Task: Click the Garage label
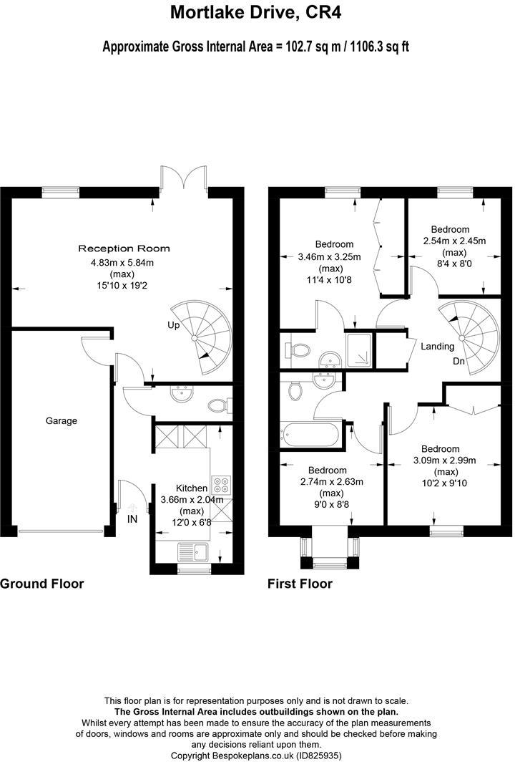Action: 62,421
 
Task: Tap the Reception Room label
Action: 124,249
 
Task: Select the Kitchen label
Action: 191,488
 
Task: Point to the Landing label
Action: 437,347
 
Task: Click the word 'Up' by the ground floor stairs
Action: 173,325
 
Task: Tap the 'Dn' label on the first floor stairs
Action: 458,361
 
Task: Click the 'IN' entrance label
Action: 132,519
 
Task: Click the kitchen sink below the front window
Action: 192,552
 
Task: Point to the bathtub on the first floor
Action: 310,435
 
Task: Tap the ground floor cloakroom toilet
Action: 220,405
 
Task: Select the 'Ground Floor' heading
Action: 41,584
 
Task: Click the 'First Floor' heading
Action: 300,584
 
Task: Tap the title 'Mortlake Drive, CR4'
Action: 256,12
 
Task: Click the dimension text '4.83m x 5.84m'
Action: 122,263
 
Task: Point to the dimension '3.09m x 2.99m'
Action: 445,460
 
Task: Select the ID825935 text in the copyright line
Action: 318,756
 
